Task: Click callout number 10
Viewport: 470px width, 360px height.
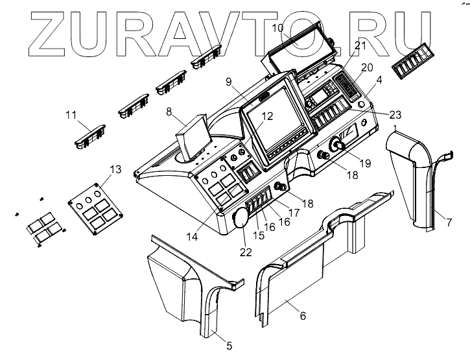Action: (x=277, y=28)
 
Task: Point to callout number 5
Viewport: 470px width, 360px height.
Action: (x=229, y=346)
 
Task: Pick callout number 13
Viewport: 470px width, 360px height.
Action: (x=115, y=170)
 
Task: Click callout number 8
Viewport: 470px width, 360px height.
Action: (x=170, y=111)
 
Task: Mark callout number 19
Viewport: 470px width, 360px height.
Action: (x=365, y=163)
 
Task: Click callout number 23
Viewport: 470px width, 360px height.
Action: (x=395, y=114)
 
